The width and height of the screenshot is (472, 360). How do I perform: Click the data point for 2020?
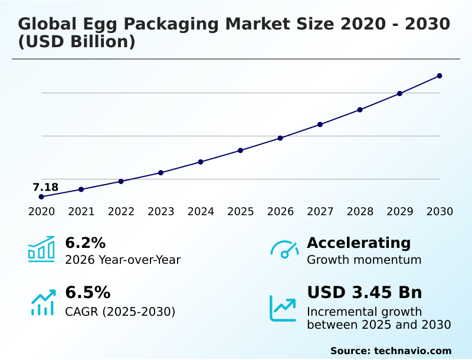point(41,197)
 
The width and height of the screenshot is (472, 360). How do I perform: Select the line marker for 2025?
point(241,150)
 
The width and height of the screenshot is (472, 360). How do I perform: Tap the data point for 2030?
point(440,76)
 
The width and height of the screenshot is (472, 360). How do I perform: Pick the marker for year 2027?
point(320,125)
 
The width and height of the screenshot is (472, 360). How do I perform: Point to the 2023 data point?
point(160,173)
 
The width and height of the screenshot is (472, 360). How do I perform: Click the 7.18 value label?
point(45,188)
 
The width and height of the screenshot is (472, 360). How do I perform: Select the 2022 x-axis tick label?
point(121,212)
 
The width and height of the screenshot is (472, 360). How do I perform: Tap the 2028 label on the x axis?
point(360,212)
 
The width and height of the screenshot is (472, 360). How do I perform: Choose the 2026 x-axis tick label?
point(280,212)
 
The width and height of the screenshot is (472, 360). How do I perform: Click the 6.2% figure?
point(85,243)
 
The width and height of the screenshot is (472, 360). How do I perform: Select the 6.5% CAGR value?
point(87,293)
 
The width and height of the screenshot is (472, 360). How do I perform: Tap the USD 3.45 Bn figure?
point(365,293)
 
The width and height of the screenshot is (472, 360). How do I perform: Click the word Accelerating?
point(359,243)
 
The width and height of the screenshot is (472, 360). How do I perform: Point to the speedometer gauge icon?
point(284,249)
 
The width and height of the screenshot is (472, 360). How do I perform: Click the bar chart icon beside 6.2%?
point(41,249)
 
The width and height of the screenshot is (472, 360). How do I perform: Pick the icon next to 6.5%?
point(42,302)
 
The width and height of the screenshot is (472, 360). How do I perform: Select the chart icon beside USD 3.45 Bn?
point(283,308)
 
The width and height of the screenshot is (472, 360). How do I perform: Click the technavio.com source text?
point(412,351)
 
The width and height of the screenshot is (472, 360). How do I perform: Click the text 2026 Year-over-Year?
point(123,260)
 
